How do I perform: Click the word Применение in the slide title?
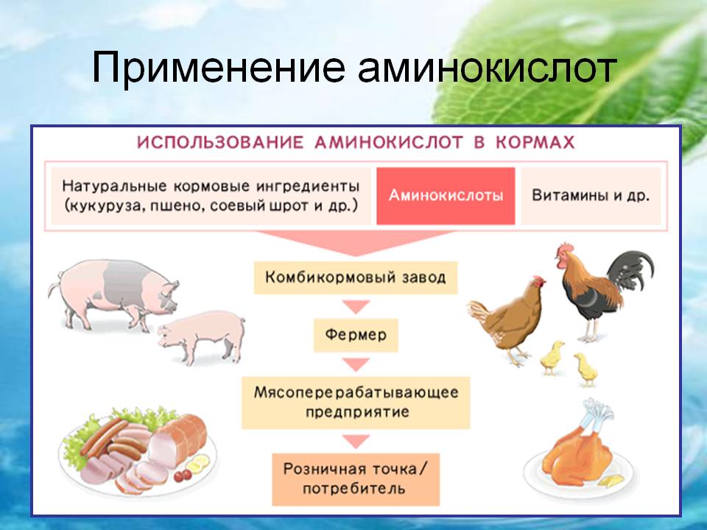tap(218, 68)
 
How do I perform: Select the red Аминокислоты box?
tap(446, 196)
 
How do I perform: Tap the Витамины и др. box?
tap(591, 196)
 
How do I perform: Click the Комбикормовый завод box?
tap(355, 278)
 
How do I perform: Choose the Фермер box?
tap(356, 335)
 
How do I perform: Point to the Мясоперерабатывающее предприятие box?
tap(356, 403)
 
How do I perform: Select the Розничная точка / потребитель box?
tap(356, 479)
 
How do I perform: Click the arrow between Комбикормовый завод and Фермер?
tap(356, 306)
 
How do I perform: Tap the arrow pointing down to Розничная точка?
tap(356, 441)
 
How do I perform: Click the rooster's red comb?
tap(566, 247)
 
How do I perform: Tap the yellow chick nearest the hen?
tap(552, 358)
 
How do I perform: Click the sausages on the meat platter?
tap(113, 439)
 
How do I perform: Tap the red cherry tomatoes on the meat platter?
tap(182, 475)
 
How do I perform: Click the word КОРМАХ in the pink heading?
tap(535, 143)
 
